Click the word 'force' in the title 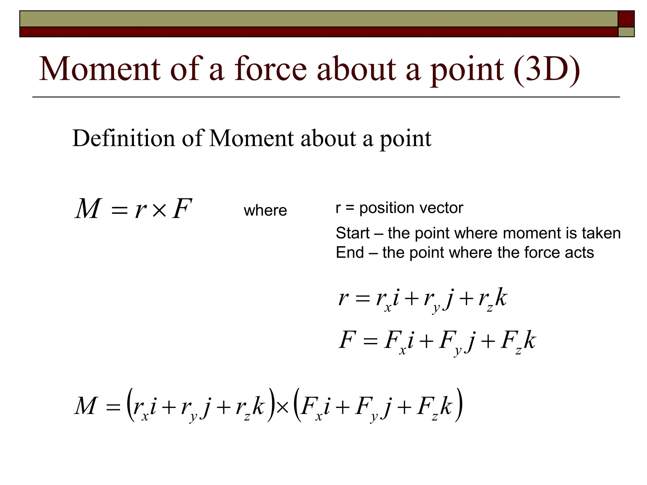pos(270,69)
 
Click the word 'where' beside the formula pos(265,210)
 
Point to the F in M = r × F pos(182,209)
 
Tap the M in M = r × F pos(88,209)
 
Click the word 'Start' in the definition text pos(352,233)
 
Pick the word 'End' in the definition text pos(350,252)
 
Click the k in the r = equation pos(501,297)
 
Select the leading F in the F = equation pos(347,340)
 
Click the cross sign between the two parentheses pos(282,408)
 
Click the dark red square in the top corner pos(626,19)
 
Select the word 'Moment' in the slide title pos(100,69)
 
